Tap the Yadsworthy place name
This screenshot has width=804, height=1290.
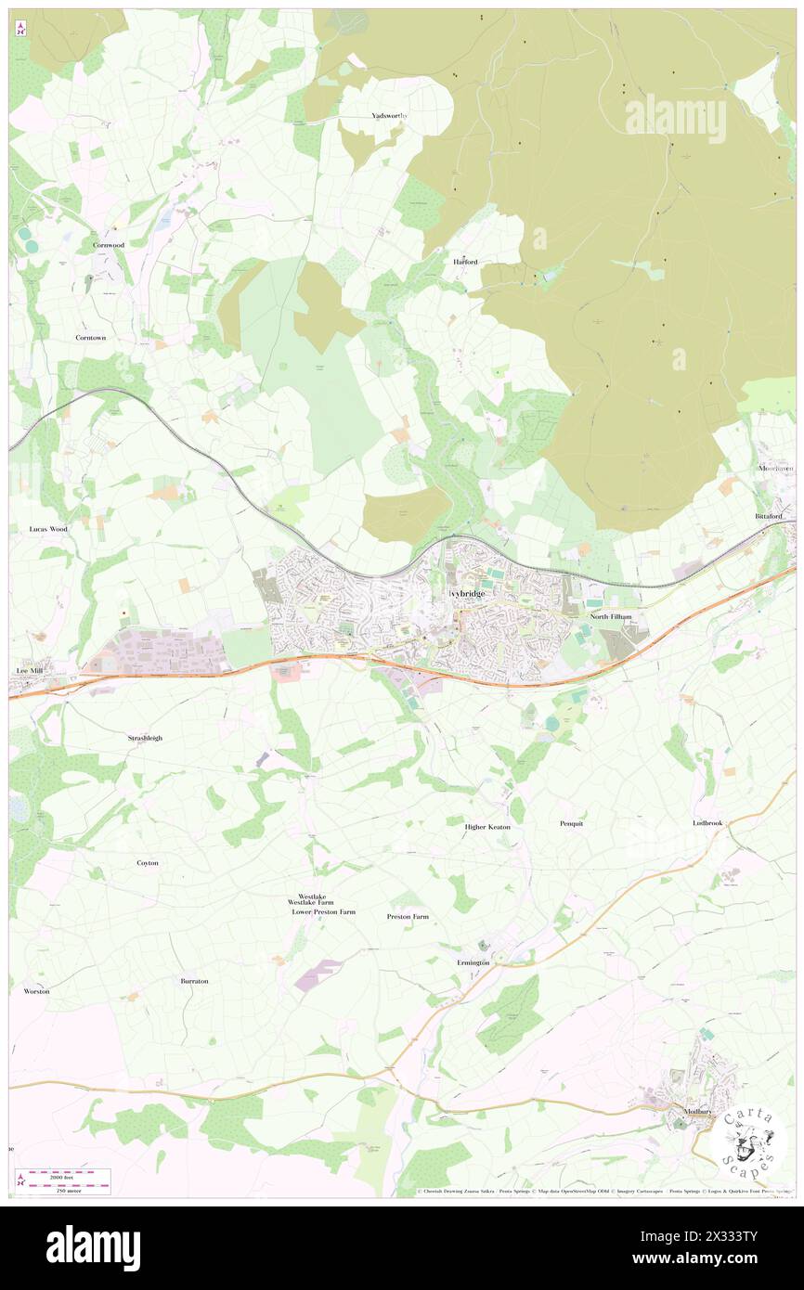[390, 115]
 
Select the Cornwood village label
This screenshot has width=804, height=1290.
[109, 245]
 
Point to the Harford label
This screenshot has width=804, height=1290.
[465, 262]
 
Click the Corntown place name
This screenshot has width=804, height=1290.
[91, 338]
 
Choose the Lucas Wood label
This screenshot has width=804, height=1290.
[43, 529]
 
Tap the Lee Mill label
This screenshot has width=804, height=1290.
[31, 669]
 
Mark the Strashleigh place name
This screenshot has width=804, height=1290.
[145, 738]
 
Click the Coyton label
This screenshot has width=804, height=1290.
[148, 863]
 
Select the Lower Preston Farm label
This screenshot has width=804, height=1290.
[323, 912]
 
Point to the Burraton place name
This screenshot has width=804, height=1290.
[194, 981]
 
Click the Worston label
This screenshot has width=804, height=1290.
[36, 991]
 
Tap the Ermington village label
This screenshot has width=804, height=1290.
[473, 962]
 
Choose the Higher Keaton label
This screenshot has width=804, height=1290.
[487, 827]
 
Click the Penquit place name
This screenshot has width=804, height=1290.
[572, 823]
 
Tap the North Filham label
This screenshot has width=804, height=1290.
[611, 616]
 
